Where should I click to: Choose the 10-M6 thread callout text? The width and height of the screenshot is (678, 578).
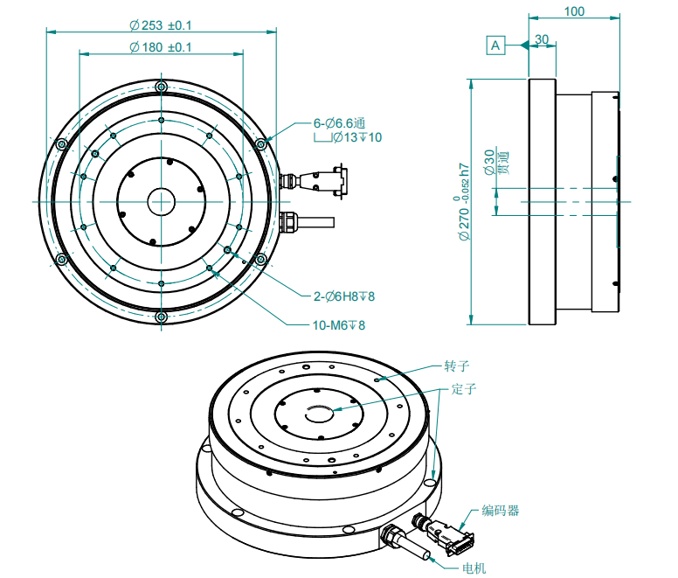pyautogui.click(x=339, y=325)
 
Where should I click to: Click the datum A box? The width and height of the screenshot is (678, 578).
pyautogui.click(x=496, y=45)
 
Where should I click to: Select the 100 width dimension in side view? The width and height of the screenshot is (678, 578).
pyautogui.click(x=573, y=11)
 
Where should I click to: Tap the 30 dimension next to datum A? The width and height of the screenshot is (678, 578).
pyautogui.click(x=542, y=39)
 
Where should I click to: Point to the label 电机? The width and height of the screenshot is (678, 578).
pyautogui.click(x=474, y=568)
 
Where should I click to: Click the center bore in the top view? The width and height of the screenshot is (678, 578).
pyautogui.click(x=161, y=201)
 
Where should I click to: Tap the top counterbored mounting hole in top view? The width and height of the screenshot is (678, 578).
pyautogui.click(x=161, y=87)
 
